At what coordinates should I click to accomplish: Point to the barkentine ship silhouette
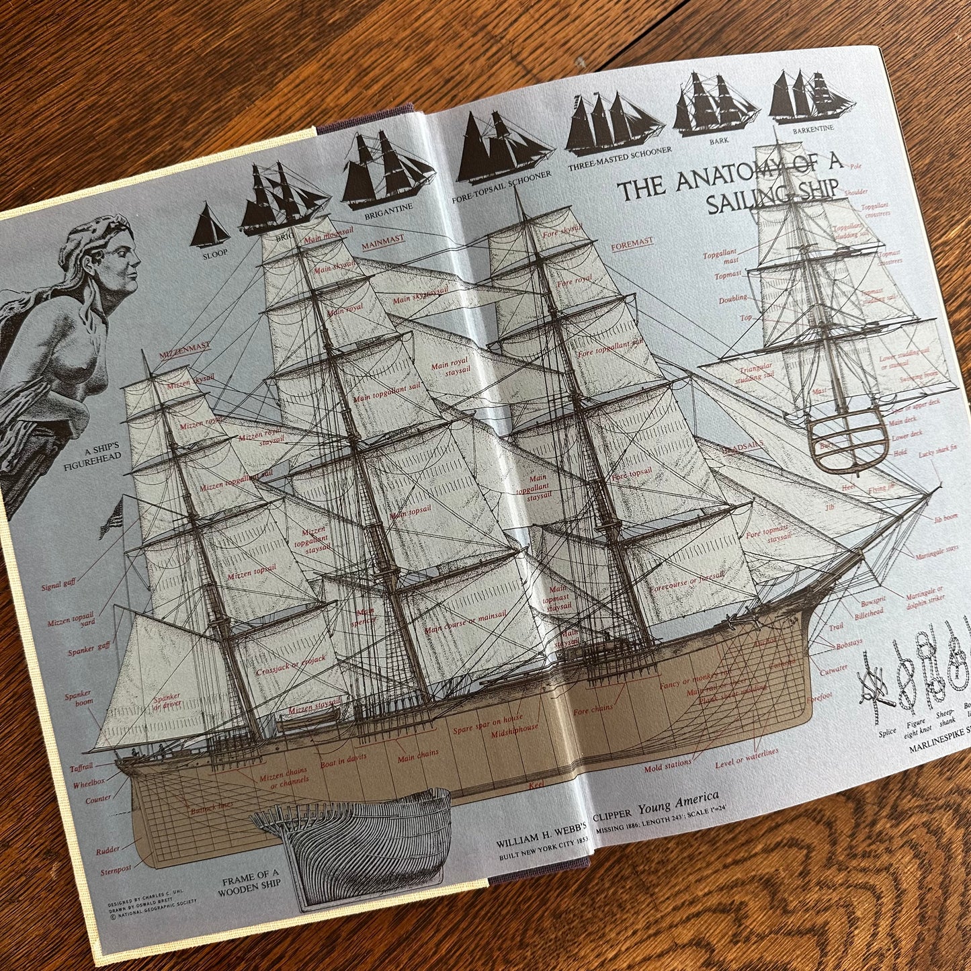[811, 97]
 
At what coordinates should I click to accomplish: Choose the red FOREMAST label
[632, 244]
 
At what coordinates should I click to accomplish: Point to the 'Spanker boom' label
[79, 699]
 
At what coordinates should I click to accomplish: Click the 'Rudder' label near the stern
[108, 850]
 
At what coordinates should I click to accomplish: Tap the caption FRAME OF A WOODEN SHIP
[249, 884]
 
